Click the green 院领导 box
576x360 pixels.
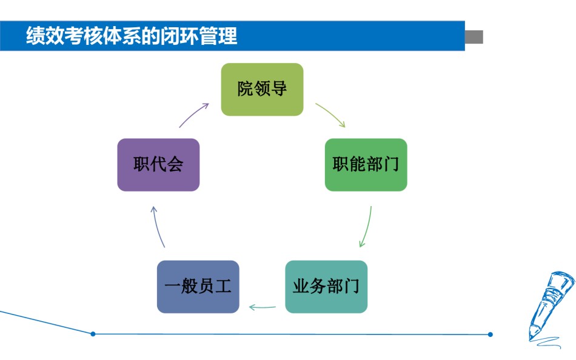click(262, 89)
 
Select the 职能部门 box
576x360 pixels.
click(366, 165)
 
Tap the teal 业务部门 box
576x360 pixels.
click(326, 287)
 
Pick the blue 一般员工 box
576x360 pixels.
click(198, 287)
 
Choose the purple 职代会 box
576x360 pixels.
click(158, 165)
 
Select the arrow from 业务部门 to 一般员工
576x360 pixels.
click(262, 307)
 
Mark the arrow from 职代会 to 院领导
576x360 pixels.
click(193, 115)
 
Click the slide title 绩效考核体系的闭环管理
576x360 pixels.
click(132, 36)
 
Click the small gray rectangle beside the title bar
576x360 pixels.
click(474, 37)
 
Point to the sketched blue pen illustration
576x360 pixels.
click(550, 308)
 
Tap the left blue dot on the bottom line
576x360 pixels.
click(93, 334)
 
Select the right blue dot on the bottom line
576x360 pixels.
click(491, 335)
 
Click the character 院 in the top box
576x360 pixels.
click(245, 89)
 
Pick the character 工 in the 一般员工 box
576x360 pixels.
click(223, 286)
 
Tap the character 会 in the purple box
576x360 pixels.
click(175, 164)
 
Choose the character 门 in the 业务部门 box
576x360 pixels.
click(352, 286)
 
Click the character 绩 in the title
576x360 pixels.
click(35, 36)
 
